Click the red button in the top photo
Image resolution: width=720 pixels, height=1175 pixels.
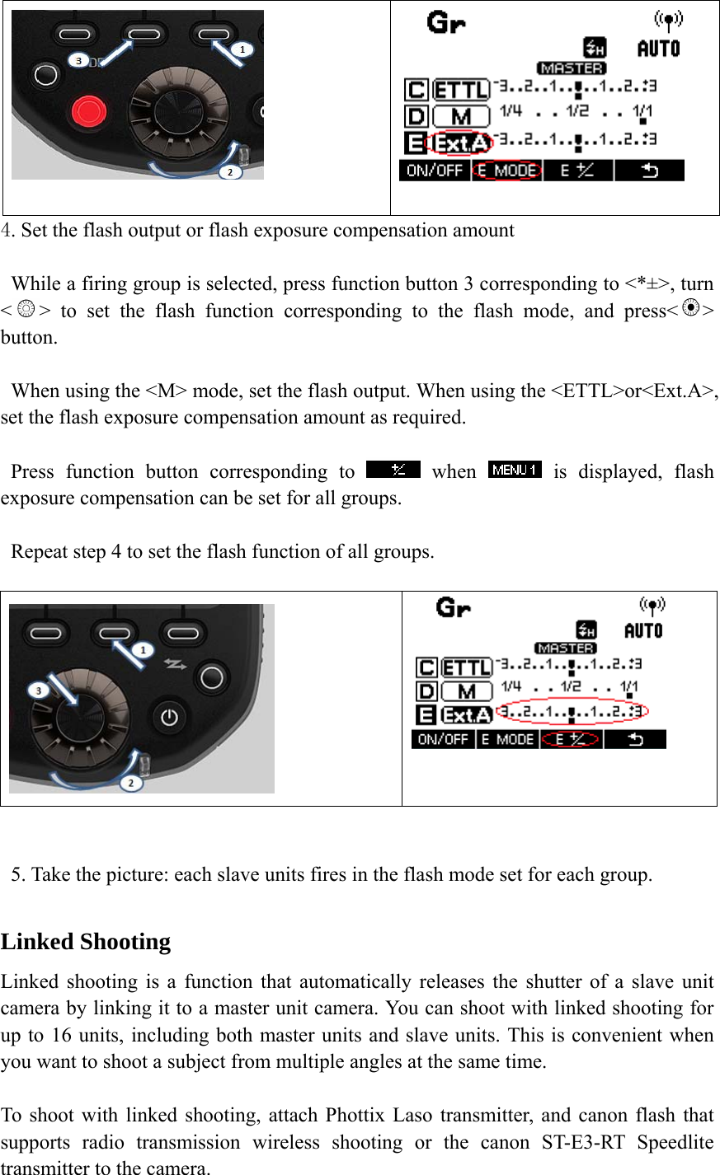click(88, 110)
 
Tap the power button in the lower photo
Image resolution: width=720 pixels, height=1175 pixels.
click(169, 717)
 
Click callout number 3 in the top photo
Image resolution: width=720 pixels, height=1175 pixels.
click(78, 60)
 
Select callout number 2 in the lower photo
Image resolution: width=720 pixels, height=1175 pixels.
click(130, 783)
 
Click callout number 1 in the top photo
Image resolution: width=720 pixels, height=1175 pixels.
click(242, 49)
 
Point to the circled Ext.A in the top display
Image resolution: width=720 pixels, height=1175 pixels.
click(462, 143)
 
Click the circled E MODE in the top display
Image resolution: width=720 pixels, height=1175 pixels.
click(506, 171)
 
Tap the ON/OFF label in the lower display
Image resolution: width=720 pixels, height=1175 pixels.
click(443, 739)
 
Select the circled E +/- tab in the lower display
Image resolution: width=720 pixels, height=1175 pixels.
click(572, 739)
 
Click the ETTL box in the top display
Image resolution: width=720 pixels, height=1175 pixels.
click(461, 89)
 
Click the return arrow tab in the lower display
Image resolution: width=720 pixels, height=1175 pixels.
click(635, 739)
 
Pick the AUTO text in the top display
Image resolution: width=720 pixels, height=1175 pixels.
click(658, 49)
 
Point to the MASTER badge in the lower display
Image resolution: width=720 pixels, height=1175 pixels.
click(565, 648)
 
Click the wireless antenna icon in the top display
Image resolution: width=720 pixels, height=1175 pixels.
click(667, 21)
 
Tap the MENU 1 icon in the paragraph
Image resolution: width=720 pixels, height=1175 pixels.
click(515, 470)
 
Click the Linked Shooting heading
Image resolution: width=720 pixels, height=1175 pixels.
click(86, 942)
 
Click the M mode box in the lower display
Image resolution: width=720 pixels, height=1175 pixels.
click(466, 691)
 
